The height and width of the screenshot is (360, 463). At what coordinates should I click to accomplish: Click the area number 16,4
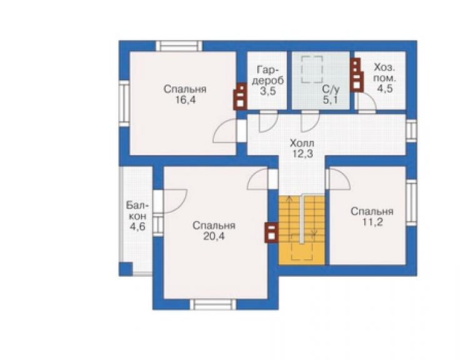[185, 100]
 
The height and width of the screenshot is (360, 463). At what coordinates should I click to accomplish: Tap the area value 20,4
[214, 236]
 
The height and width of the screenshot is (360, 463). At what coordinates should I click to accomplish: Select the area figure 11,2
[372, 222]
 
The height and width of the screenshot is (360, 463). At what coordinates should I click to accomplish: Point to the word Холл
[302, 143]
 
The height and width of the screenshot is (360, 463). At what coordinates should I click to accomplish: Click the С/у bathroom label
[331, 90]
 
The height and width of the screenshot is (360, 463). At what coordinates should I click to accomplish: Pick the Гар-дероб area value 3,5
[268, 91]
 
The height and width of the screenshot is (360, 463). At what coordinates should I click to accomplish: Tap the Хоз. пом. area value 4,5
[385, 88]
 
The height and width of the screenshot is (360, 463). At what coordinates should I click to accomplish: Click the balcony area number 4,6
[137, 227]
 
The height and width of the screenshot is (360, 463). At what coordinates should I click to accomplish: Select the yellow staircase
[302, 230]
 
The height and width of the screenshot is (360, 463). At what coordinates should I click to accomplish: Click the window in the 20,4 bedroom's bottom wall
[213, 304]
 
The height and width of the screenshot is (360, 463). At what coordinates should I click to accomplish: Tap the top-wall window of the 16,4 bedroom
[179, 46]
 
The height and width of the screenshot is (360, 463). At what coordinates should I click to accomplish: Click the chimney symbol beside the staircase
[272, 232]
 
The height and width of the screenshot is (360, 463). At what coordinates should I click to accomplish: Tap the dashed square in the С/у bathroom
[312, 69]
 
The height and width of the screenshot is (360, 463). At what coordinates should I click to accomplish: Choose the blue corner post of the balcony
[126, 269]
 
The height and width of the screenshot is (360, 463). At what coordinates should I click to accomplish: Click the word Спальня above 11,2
[372, 212]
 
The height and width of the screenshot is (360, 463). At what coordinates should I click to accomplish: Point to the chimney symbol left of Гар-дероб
[240, 96]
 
